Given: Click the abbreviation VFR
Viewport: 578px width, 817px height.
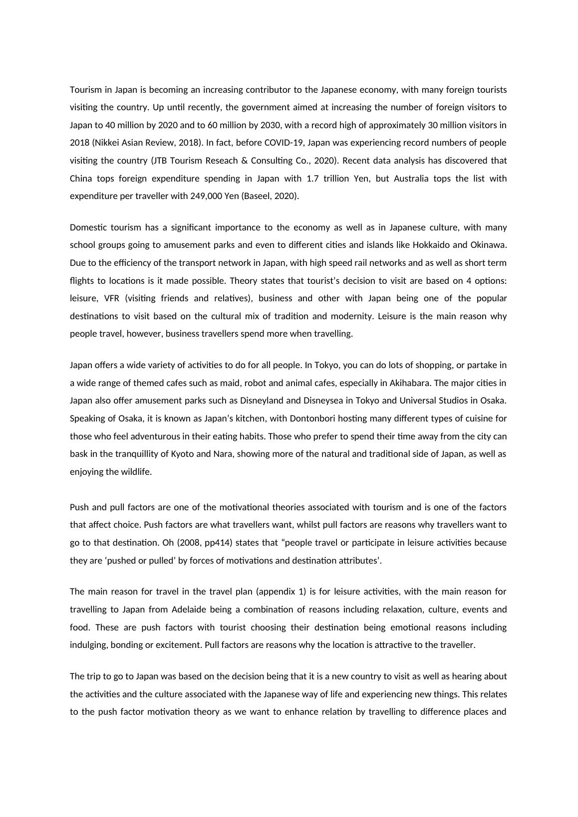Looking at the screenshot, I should [x=111, y=298].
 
